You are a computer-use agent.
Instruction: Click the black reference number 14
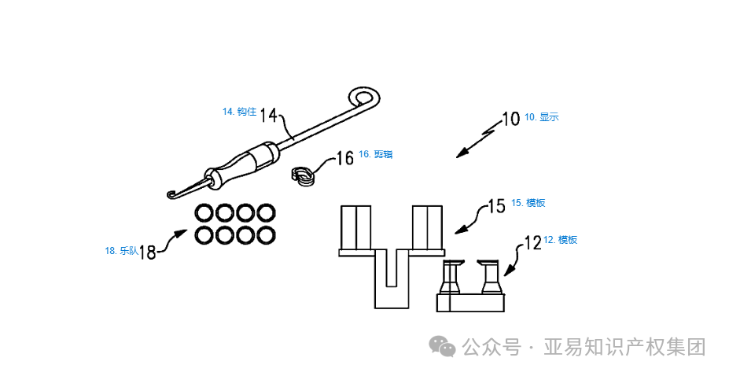(x=268, y=115)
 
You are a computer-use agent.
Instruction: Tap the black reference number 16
(x=345, y=157)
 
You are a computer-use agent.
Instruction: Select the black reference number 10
(x=511, y=119)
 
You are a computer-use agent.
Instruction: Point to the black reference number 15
(x=496, y=206)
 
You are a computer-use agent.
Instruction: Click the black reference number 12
(x=533, y=242)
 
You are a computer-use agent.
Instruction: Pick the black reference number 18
(x=147, y=253)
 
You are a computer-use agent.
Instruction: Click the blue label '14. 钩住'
(x=239, y=112)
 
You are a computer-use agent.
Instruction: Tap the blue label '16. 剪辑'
(x=376, y=154)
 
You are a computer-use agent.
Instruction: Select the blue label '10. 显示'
(x=542, y=117)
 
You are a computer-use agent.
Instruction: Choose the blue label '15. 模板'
(x=528, y=203)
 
